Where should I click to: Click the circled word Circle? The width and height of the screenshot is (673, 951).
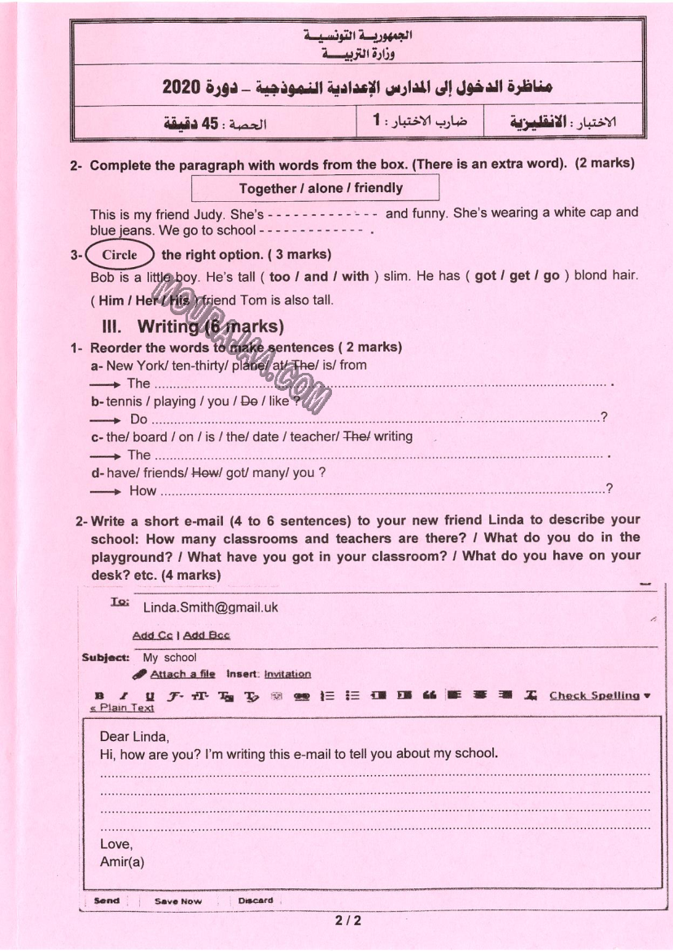coord(120,255)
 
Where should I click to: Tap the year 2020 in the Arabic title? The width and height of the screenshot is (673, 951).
coord(184,87)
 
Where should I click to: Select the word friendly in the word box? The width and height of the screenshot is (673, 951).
coord(378,188)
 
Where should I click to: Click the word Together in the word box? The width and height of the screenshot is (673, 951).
coord(268,188)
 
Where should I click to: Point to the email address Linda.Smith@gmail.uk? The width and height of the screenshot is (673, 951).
coord(210,607)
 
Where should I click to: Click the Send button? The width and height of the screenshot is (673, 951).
coord(107,901)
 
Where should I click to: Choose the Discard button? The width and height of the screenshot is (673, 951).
coord(256,901)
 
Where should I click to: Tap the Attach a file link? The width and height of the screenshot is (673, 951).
coord(182,674)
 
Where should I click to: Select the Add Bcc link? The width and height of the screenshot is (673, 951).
coord(207,635)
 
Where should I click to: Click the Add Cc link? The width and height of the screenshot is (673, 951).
coord(152,635)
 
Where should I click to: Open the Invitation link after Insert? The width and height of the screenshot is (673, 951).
coord(287,674)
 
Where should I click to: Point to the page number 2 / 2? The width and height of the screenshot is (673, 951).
coord(347,923)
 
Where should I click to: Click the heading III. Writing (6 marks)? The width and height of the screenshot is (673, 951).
coord(192,327)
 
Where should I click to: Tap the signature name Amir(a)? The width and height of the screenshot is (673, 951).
coord(122,861)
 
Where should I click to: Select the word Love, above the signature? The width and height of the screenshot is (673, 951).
coord(116,844)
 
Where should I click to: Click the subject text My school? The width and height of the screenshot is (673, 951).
coord(169,658)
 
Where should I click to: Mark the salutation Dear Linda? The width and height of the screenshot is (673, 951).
coord(134,737)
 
